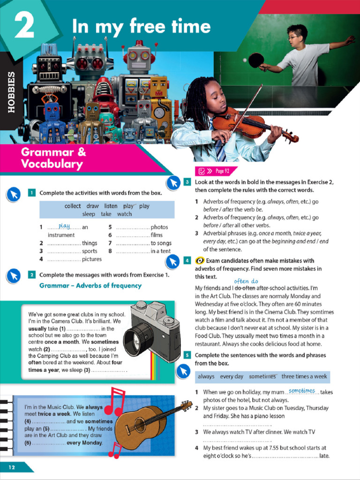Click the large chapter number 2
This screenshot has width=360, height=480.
pyautogui.click(x=24, y=26)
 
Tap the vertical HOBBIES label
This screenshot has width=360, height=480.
pyautogui.click(x=11, y=91)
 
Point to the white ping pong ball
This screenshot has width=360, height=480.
pyautogui.click(x=245, y=60)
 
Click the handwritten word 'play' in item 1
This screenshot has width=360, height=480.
pyautogui.click(x=64, y=225)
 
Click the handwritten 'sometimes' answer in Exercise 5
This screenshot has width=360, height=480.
pyautogui.click(x=302, y=390)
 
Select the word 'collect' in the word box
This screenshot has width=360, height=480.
pyautogui.click(x=73, y=206)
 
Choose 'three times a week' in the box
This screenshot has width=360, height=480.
pyautogui.click(x=304, y=376)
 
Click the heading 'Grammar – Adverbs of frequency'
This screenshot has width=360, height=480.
pyautogui.click(x=90, y=285)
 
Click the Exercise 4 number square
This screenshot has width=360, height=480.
pyautogui.click(x=187, y=260)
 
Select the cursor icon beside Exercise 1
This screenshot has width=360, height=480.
pyautogui.click(x=14, y=194)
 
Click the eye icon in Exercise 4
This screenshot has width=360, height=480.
pyautogui.click(x=199, y=261)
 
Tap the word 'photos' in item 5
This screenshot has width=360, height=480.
pyautogui.click(x=159, y=227)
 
